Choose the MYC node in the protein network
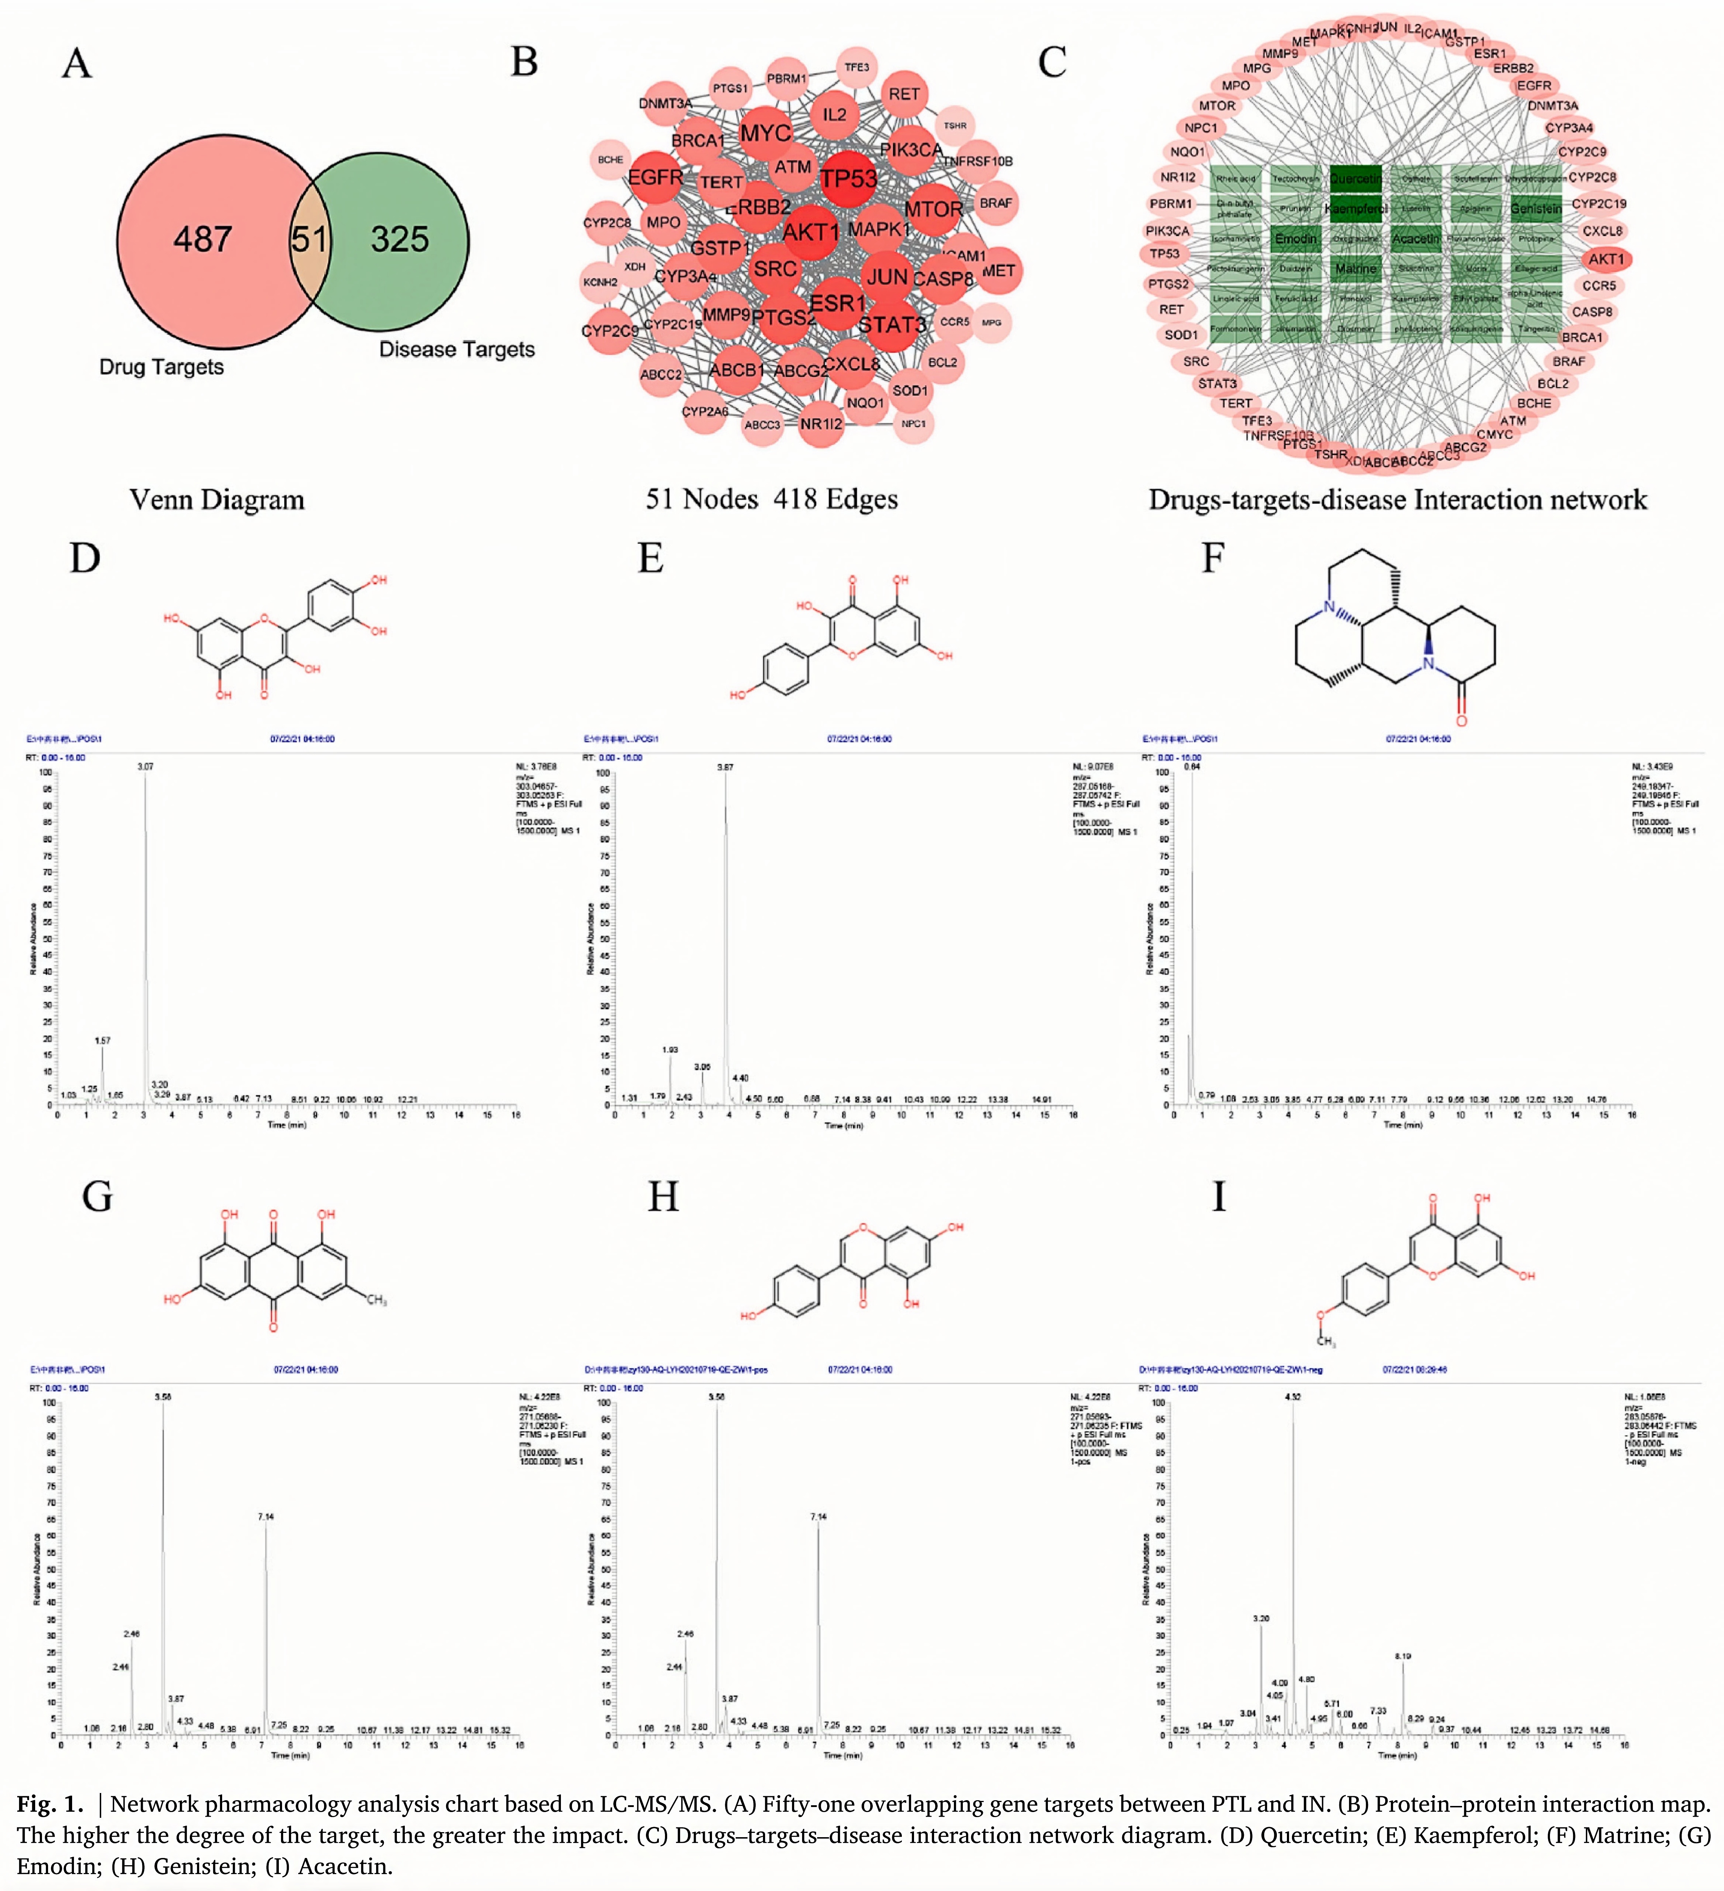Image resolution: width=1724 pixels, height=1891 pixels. [765, 133]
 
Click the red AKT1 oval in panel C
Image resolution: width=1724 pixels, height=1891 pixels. [1606, 259]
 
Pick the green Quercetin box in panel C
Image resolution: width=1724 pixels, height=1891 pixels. [1355, 178]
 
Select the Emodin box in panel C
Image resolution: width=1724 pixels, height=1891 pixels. [1296, 238]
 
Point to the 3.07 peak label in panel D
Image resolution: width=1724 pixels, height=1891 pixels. [145, 766]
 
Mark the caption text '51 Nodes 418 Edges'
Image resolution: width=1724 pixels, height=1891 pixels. [771, 499]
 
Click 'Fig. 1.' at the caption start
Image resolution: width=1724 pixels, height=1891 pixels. [50, 1804]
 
